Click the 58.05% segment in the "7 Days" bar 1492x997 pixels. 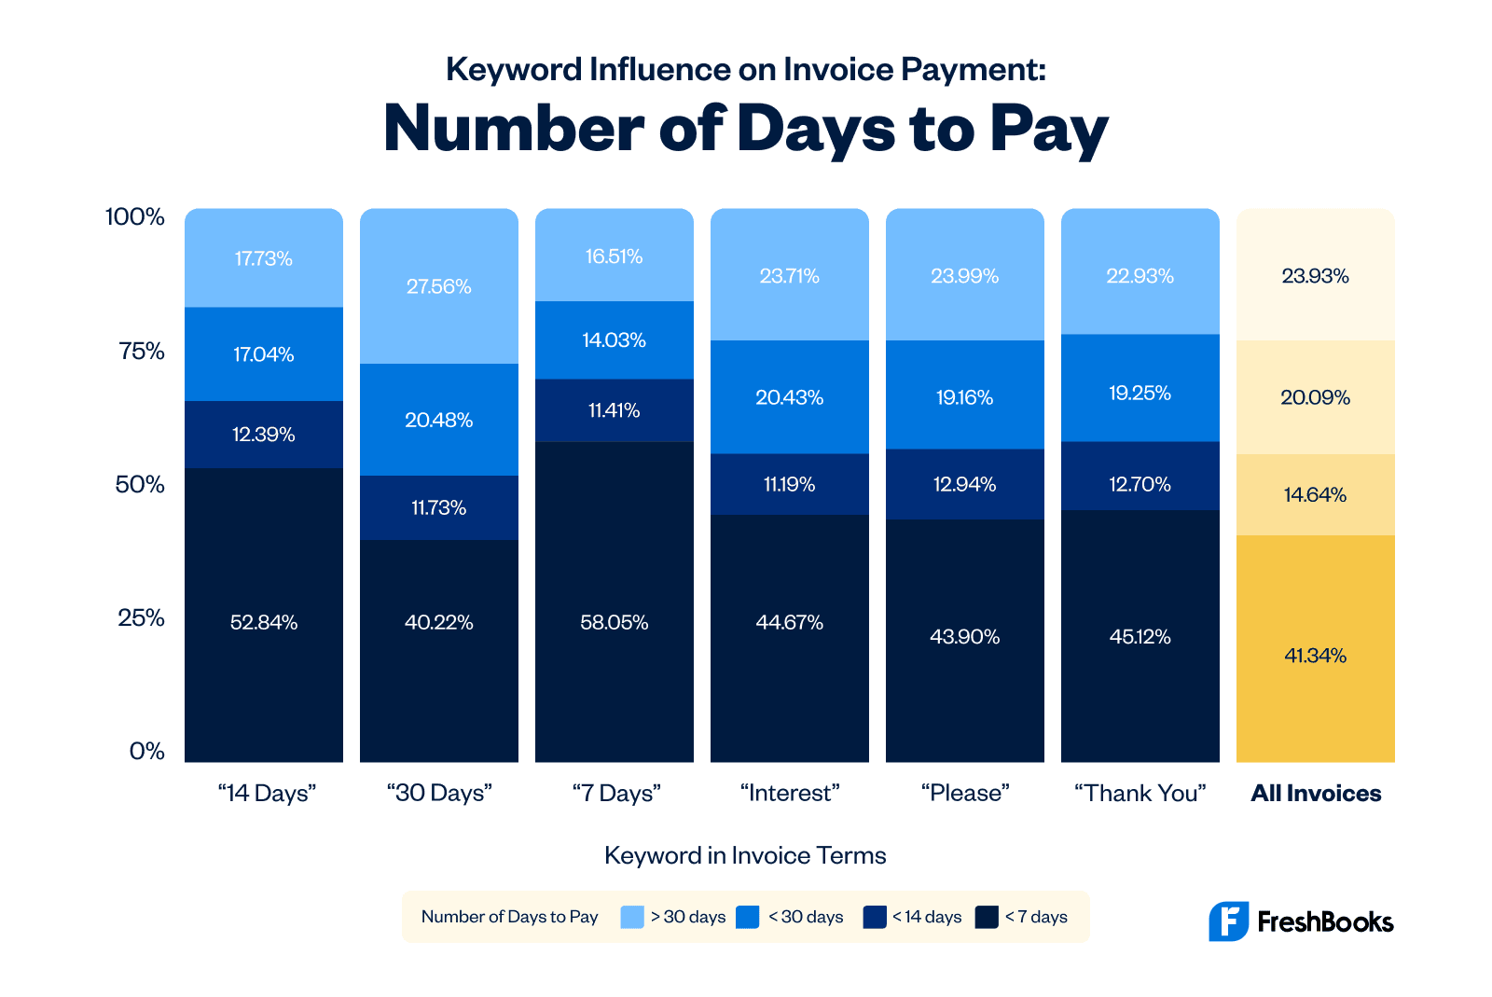pyautogui.click(x=614, y=622)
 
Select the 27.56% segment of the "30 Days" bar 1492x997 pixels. pyautogui.click(x=438, y=286)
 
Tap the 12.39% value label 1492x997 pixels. pyautogui.click(x=263, y=435)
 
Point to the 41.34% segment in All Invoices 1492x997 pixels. pyautogui.click(x=1315, y=656)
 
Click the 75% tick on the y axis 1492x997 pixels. pyautogui.click(x=142, y=352)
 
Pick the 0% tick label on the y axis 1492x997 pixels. pyautogui.click(x=146, y=752)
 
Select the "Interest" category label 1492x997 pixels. pyautogui.click(x=790, y=794)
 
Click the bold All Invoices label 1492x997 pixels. pyautogui.click(x=1316, y=794)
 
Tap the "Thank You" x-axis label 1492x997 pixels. pyautogui.click(x=1140, y=794)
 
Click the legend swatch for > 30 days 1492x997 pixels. pyautogui.click(x=632, y=917)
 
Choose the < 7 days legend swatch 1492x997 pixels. pyautogui.click(x=987, y=917)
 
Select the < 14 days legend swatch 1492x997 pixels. pyautogui.click(x=875, y=917)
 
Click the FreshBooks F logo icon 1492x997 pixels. pyautogui.click(x=1228, y=921)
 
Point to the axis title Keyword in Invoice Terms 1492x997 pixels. pyautogui.click(x=745, y=855)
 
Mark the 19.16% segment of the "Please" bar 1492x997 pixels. pyautogui.click(x=964, y=397)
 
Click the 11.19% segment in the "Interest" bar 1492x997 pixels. pyautogui.click(x=789, y=484)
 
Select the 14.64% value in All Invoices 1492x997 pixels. pyautogui.click(x=1315, y=495)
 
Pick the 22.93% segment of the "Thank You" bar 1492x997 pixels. pyautogui.click(x=1140, y=276)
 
